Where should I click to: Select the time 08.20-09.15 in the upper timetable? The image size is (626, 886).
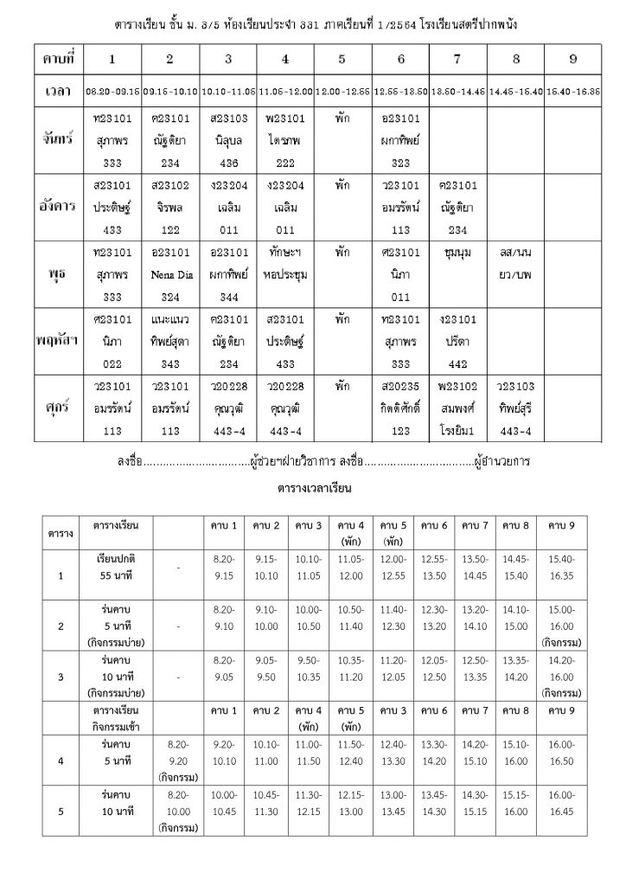point(112,90)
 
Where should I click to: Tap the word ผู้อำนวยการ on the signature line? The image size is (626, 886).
point(501,462)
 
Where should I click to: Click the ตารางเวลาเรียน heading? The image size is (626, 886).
point(313,488)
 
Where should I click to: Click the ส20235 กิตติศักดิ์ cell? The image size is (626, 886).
point(400,406)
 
